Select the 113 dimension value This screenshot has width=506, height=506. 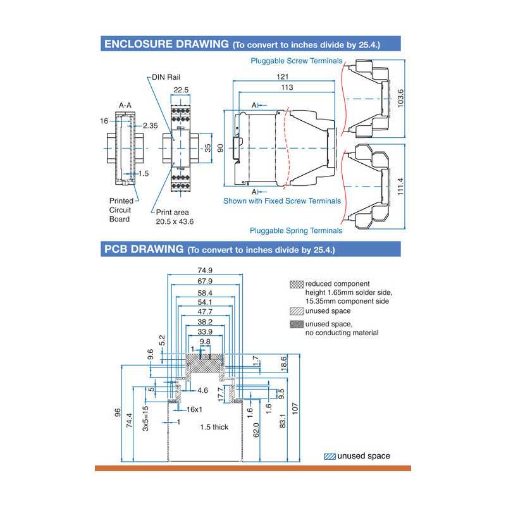click(287, 87)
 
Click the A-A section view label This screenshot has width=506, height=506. click(125, 106)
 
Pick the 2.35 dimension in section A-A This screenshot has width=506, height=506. click(150, 126)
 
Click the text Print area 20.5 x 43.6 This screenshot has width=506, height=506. click(175, 217)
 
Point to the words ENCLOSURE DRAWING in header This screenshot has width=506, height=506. click(166, 44)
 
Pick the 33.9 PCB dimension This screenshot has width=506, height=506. click(204, 331)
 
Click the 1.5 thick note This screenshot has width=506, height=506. click(214, 427)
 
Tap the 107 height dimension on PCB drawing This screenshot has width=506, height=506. click(295, 409)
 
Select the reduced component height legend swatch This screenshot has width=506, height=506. click(297, 284)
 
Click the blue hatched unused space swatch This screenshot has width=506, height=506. click(330, 456)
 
